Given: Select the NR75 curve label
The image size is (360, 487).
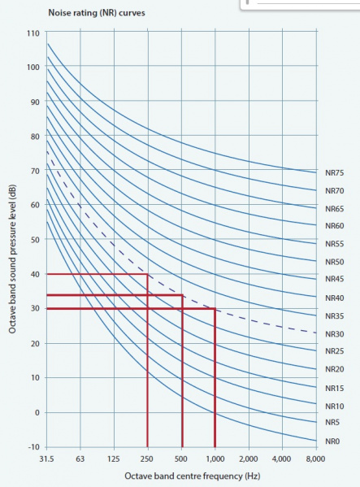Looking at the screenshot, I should tap(335, 172).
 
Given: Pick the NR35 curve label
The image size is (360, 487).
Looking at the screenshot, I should tap(335, 315).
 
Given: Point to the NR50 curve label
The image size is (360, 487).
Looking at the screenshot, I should tap(335, 262).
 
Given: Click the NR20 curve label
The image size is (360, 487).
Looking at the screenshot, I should tap(335, 369).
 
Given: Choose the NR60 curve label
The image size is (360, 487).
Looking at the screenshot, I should tap(335, 226).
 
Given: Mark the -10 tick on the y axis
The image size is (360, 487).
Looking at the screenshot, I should tap(32, 447).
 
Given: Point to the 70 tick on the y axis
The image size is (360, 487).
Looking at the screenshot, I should tap(33, 171).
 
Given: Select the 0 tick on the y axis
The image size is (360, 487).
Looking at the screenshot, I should tap(36, 412).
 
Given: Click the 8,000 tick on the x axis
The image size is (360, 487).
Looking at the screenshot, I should tap(315, 459).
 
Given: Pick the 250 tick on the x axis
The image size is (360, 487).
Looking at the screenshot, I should tap(147, 459).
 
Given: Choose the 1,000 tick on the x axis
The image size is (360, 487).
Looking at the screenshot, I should tap(215, 459).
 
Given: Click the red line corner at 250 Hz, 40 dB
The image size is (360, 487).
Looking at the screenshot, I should tap(147, 275).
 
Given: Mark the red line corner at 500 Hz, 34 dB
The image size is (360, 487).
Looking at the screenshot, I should tap(181, 295).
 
